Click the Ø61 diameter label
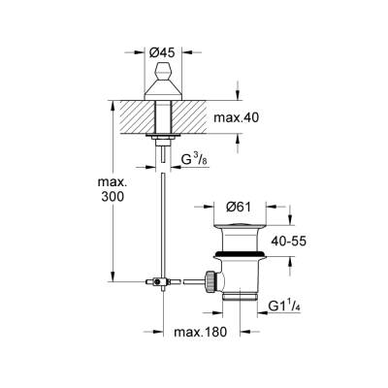(238, 207)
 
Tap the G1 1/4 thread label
(289, 308)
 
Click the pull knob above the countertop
(161, 80)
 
